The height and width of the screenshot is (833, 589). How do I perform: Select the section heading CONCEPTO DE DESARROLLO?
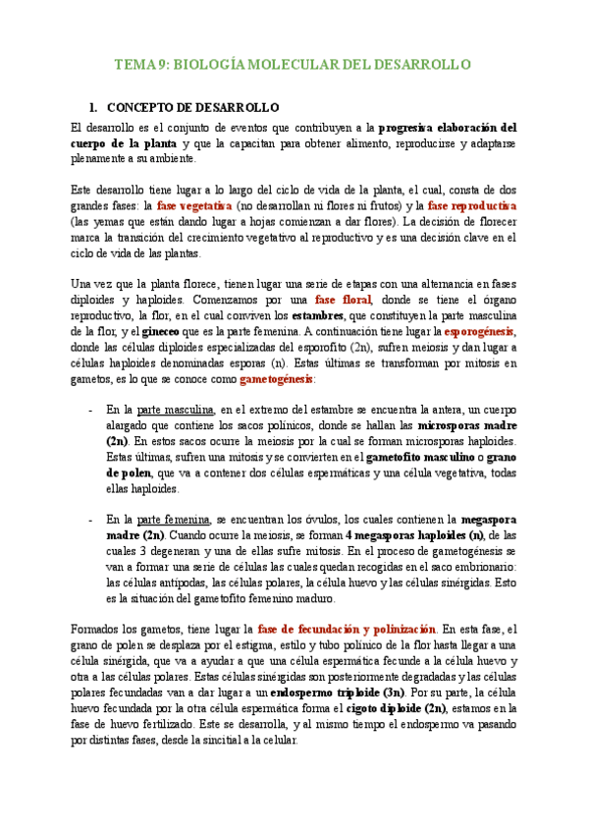pos(192,107)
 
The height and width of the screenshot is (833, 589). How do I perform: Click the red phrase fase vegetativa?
pos(194,206)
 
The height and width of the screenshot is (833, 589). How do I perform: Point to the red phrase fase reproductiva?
pos(471,206)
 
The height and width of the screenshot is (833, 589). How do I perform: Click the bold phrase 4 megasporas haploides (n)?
pos(415,535)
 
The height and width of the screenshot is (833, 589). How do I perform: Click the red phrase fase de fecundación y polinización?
pos(347,630)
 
